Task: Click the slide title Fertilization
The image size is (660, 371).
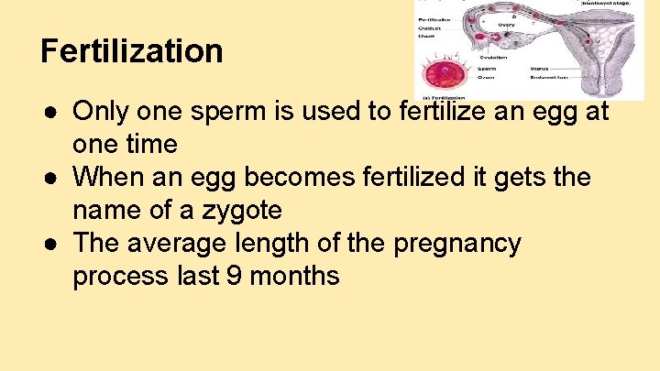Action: [132, 50]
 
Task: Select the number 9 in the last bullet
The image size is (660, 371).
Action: [234, 276]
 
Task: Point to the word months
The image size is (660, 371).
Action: [294, 276]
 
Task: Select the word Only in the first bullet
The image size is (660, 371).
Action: [100, 112]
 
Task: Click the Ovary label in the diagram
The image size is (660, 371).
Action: [506, 24]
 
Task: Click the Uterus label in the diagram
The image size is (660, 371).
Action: [540, 68]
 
